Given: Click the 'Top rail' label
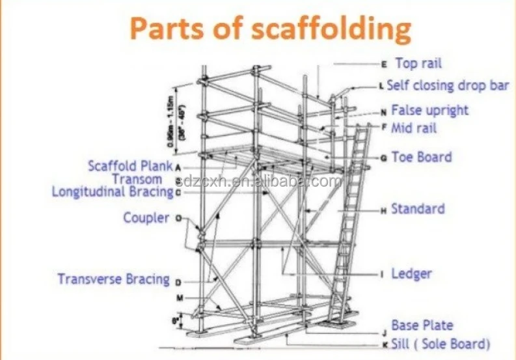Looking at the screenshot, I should [418, 63].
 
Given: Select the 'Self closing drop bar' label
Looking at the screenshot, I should [448, 85].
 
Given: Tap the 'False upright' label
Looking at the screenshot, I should [429, 110].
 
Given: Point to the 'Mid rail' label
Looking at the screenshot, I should [414, 128].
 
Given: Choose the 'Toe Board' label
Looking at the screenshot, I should [421, 157].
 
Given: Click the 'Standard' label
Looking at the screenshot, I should [418, 209].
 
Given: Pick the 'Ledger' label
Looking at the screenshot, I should [411, 273].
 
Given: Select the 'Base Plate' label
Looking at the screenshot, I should [422, 325].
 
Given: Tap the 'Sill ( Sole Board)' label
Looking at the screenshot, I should [441, 344].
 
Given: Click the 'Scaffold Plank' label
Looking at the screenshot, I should [130, 166].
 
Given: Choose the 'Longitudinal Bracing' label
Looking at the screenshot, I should [113, 192].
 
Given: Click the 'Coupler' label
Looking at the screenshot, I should [146, 217].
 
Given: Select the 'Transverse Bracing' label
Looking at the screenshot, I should [113, 279].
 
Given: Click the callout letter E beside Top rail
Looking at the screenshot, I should [384, 64].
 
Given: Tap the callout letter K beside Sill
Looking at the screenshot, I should [384, 344].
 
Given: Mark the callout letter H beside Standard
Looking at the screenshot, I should [384, 210].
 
